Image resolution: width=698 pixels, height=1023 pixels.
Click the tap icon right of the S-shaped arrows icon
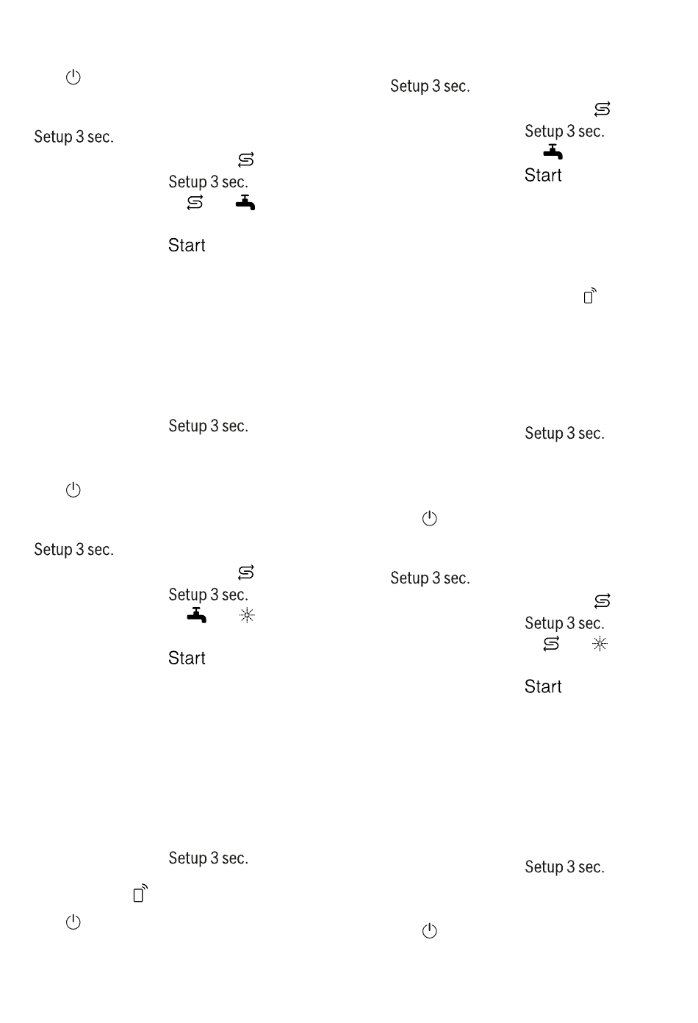pyautogui.click(x=245, y=202)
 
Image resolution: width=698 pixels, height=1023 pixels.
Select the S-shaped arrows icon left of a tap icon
pyautogui.click(x=195, y=202)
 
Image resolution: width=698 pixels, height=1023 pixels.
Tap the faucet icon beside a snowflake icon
pyautogui.click(x=197, y=615)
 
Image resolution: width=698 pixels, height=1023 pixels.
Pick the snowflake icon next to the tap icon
pyautogui.click(x=247, y=615)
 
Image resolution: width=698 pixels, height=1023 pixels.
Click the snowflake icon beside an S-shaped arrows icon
pyautogui.click(x=600, y=644)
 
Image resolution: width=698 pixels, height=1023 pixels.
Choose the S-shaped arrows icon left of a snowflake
pyautogui.click(x=551, y=644)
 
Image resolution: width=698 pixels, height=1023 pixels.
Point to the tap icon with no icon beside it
pyautogui.click(x=553, y=151)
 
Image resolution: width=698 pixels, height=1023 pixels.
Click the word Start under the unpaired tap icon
pyautogui.click(x=543, y=175)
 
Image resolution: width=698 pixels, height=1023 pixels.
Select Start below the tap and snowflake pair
pyautogui.click(x=187, y=658)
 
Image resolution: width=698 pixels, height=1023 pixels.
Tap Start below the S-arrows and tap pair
pyautogui.click(x=187, y=245)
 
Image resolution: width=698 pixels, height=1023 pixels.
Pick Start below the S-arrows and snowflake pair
pyautogui.click(x=543, y=686)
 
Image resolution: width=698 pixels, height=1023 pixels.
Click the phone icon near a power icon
pyautogui.click(x=140, y=893)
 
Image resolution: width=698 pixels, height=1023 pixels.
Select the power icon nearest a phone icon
pyautogui.click(x=73, y=922)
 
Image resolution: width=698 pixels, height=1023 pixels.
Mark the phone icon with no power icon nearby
pyautogui.click(x=590, y=295)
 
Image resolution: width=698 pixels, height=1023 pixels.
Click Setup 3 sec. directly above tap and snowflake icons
pyautogui.click(x=208, y=595)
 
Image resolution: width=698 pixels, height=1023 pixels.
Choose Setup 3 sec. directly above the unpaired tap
pyautogui.click(x=564, y=132)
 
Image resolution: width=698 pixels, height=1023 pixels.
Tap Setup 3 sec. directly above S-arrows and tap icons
pyautogui.click(x=208, y=182)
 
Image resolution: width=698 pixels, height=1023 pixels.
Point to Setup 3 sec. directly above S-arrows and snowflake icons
pyautogui.click(x=564, y=623)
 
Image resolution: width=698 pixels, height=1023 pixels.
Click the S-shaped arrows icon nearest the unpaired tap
pyautogui.click(x=602, y=110)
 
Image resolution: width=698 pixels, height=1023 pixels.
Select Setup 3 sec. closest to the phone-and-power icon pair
pyautogui.click(x=208, y=858)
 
